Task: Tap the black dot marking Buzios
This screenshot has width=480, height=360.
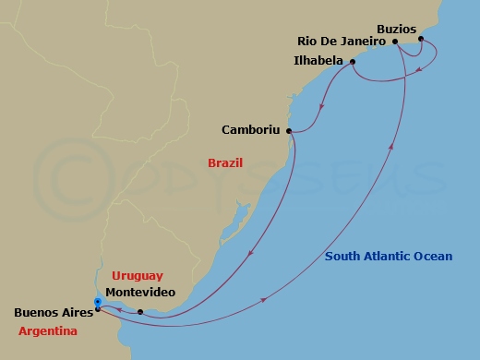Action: pyautogui.click(x=420, y=40)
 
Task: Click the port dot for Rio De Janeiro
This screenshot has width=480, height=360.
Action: pyautogui.click(x=395, y=42)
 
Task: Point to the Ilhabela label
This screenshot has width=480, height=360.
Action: pyautogui.click(x=318, y=62)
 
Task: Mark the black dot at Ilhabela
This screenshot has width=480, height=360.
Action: pyautogui.click(x=352, y=62)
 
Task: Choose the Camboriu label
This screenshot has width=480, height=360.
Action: pyautogui.click(x=250, y=130)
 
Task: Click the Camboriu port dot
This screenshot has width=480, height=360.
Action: pyautogui.click(x=289, y=131)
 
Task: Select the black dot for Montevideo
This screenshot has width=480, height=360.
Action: pyautogui.click(x=140, y=312)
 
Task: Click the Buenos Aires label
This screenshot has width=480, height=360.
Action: pyautogui.click(x=54, y=313)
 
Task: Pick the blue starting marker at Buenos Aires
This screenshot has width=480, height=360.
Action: pyautogui.click(x=98, y=301)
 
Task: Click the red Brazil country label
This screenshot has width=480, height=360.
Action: pyautogui.click(x=226, y=162)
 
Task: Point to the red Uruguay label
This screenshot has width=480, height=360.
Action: pyautogui.click(x=137, y=275)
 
